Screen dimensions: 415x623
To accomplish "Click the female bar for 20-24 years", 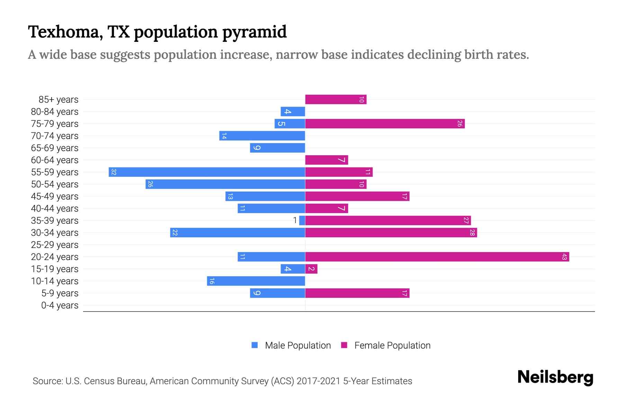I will [x=437, y=257].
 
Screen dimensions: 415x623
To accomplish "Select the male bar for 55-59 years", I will [x=207, y=172].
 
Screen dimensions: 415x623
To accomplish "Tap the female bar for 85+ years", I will [x=335, y=100].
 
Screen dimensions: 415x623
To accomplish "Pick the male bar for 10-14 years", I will [x=256, y=281].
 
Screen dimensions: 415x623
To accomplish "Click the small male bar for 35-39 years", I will [x=302, y=221].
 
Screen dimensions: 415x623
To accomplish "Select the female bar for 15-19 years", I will [x=311, y=269].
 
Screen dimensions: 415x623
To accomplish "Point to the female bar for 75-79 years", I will [x=385, y=124].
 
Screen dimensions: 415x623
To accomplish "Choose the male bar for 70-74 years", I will [x=262, y=136].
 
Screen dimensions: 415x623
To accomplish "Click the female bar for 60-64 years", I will [x=326, y=160].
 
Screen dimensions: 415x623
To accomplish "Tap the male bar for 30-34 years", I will [x=237, y=233].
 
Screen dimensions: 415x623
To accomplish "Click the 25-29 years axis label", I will [x=55, y=245].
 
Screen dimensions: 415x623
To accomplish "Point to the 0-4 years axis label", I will [x=60, y=305].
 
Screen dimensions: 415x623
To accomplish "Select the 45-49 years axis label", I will [x=55, y=196].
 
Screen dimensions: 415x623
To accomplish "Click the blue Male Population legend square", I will [x=255, y=345].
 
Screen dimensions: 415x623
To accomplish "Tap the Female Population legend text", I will [x=392, y=345].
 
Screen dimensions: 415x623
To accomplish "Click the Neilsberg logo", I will [x=555, y=377].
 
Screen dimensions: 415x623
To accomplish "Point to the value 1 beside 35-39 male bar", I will [x=295, y=221].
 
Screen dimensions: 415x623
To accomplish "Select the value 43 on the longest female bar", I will [x=564, y=257].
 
